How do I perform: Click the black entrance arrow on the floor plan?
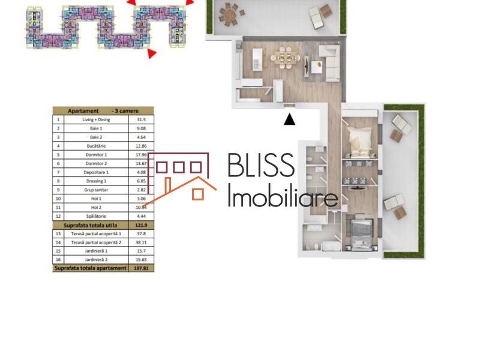point(289,119)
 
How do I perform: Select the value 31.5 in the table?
point(142,119)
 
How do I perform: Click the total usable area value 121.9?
point(142,224)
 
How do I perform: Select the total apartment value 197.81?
point(142,268)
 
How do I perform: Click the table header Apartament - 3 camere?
point(103,111)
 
